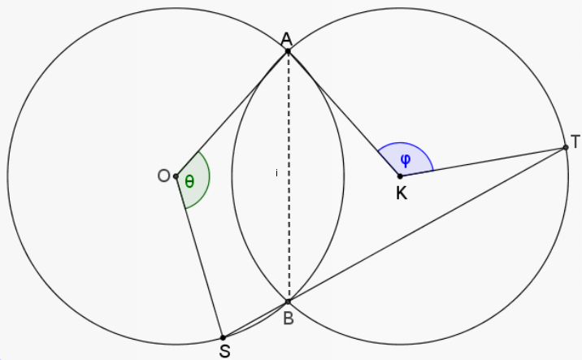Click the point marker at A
coord(288,51)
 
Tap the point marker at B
coord(288,301)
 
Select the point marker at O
coord(176,176)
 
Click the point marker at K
coord(400,176)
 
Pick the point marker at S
coord(223,337)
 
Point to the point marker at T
coord(566,147)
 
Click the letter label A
coord(287,39)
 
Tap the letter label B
coord(289,318)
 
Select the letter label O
coord(163,176)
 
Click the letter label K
coord(402,193)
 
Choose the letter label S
coord(225,351)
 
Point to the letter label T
coord(575,141)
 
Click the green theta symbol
coord(189,181)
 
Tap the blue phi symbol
coord(406,159)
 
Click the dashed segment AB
coord(288,176)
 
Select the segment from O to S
coord(199,257)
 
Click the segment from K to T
coord(483,162)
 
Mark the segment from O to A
coord(232,114)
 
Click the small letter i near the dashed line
coord(276,172)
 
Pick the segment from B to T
coord(427,224)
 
